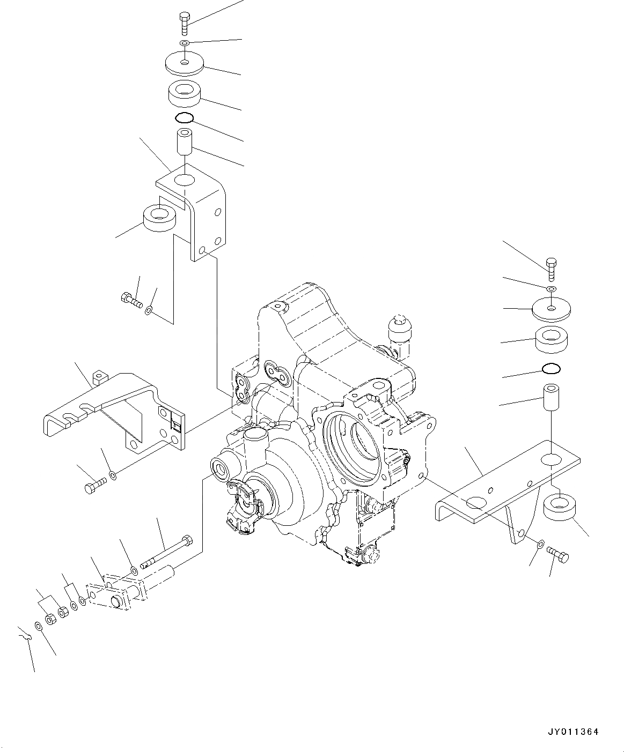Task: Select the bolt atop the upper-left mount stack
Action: pos(182,24)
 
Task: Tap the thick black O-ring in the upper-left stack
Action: pos(183,118)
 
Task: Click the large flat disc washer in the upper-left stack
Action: pos(185,64)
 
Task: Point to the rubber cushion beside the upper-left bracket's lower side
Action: pos(160,217)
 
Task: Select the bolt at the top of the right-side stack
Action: pos(552,269)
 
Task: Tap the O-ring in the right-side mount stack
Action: pos(552,369)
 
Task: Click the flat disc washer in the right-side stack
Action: pos(551,308)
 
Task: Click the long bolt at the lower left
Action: pos(166,552)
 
